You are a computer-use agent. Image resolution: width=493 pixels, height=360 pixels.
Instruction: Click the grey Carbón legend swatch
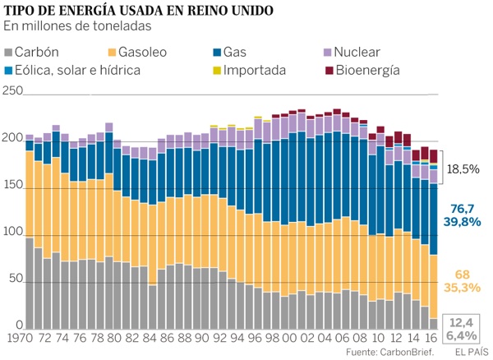(8, 51)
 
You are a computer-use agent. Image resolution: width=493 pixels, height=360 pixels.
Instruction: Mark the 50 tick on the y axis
(9, 280)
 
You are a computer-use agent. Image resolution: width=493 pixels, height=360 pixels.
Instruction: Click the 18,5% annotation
(463, 170)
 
